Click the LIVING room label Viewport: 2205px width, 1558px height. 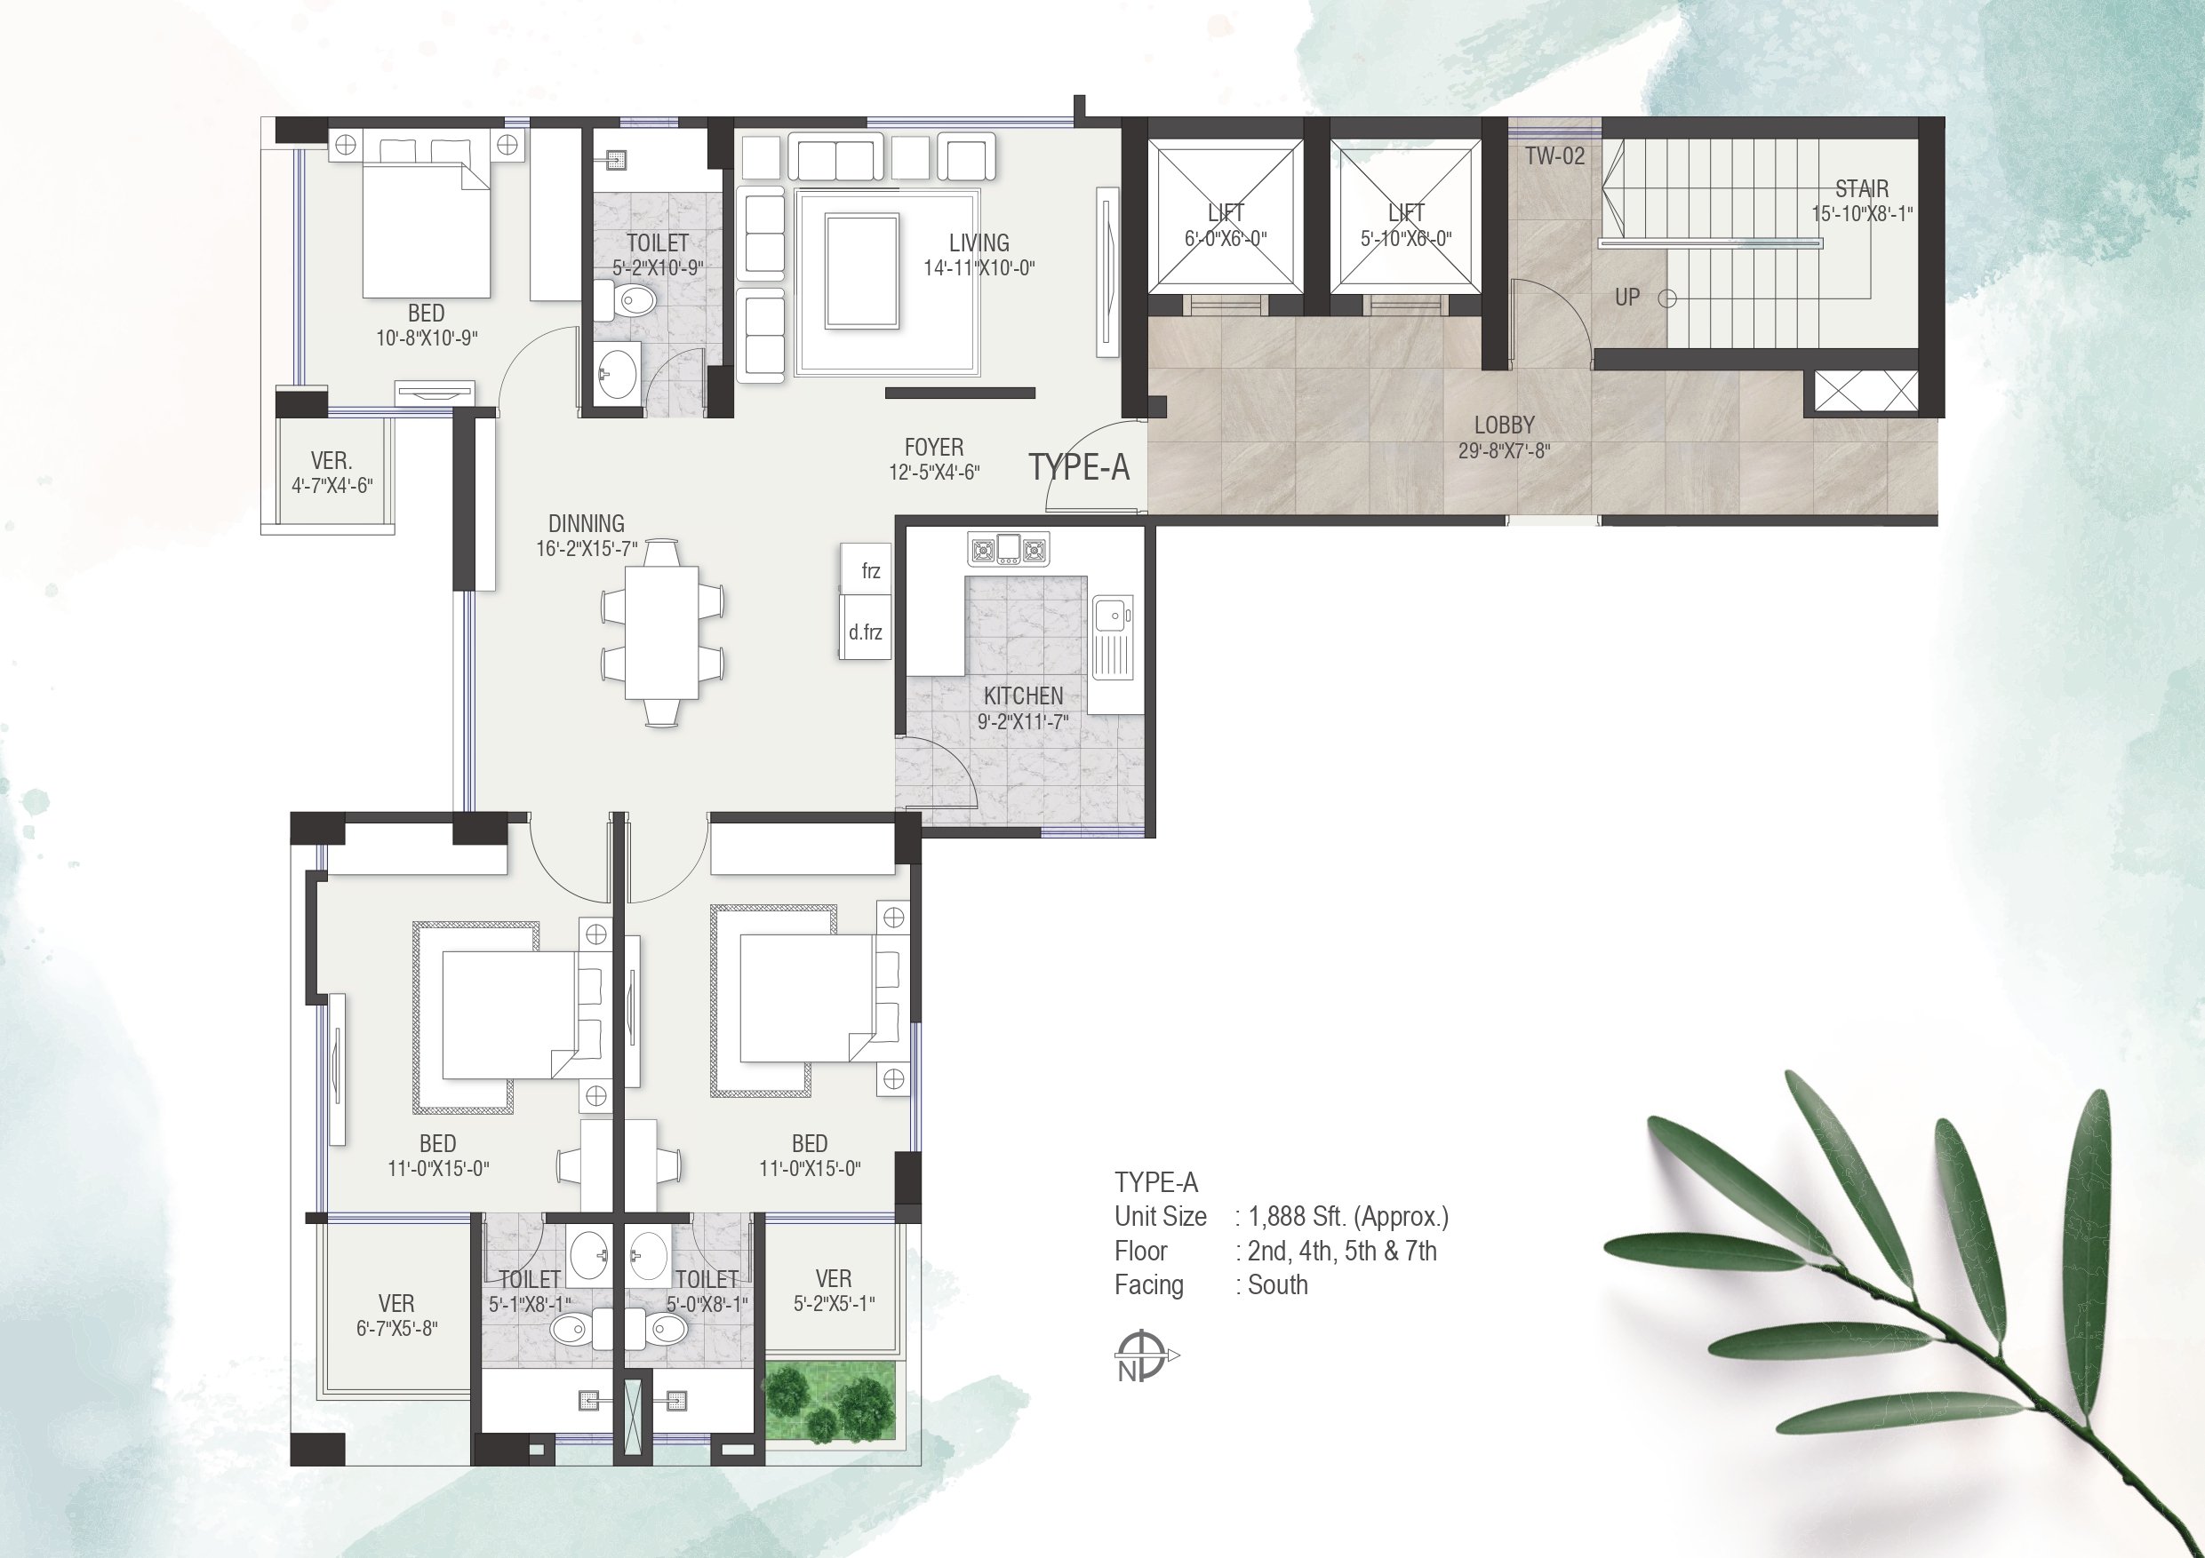[979, 242]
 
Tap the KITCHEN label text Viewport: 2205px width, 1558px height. [1023, 696]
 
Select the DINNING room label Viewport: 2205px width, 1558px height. [586, 523]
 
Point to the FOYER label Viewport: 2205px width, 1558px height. [933, 448]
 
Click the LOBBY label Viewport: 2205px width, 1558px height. [1504, 425]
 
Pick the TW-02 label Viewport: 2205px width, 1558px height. [1554, 155]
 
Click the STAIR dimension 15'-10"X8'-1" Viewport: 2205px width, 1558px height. [1862, 214]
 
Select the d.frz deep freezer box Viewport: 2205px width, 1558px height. [866, 627]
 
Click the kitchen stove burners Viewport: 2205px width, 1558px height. [1009, 549]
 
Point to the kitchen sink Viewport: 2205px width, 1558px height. [1113, 638]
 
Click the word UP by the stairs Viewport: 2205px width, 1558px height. [1626, 298]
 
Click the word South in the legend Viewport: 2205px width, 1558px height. [1277, 1285]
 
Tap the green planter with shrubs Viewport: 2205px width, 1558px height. [831, 1401]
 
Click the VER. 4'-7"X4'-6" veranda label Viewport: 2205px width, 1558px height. [332, 473]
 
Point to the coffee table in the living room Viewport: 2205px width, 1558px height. [861, 272]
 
